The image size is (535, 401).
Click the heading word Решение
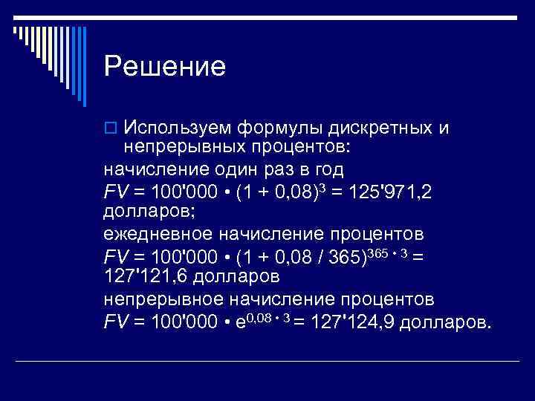pos(164,68)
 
